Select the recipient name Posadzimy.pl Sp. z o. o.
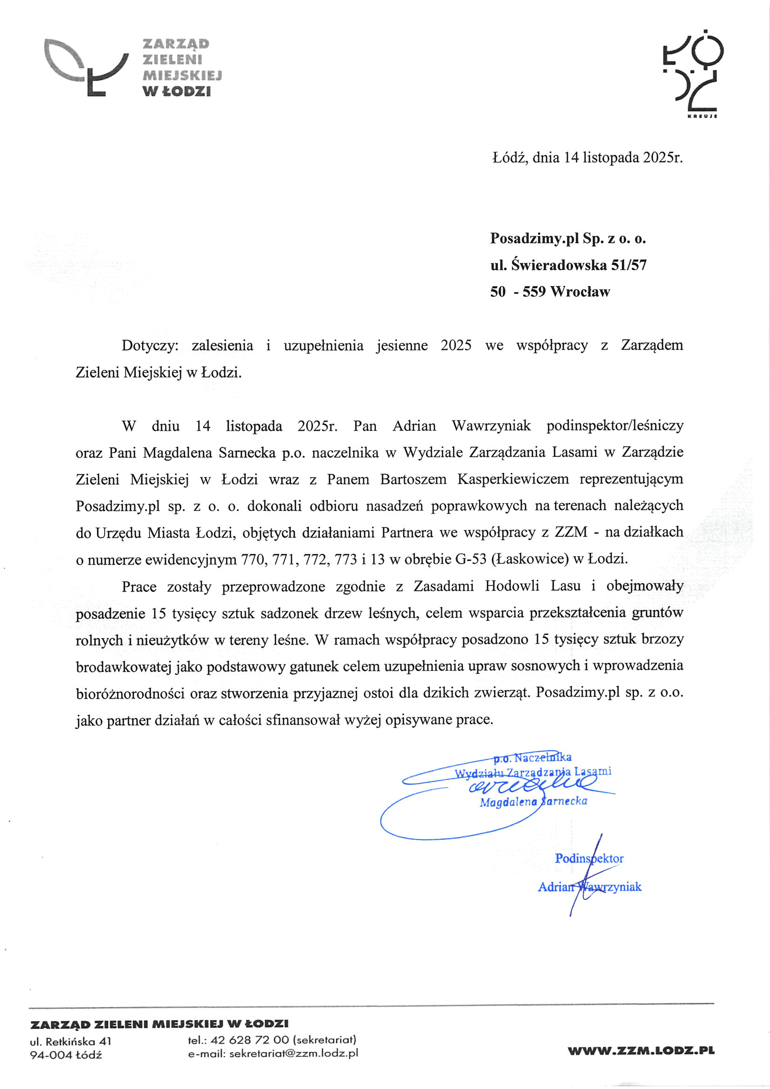pos(568,238)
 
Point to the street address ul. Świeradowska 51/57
pos(568,265)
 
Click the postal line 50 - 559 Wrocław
pos(550,291)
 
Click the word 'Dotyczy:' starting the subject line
pos(150,345)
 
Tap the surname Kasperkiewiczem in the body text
pos(513,479)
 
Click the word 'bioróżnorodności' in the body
pos(130,694)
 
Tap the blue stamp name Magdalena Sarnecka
pos(533,801)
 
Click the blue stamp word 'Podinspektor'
pos(589,858)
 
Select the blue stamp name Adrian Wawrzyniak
pos(589,887)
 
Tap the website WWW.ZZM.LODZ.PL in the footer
pos(641,1051)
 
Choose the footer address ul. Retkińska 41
pos(71,1041)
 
